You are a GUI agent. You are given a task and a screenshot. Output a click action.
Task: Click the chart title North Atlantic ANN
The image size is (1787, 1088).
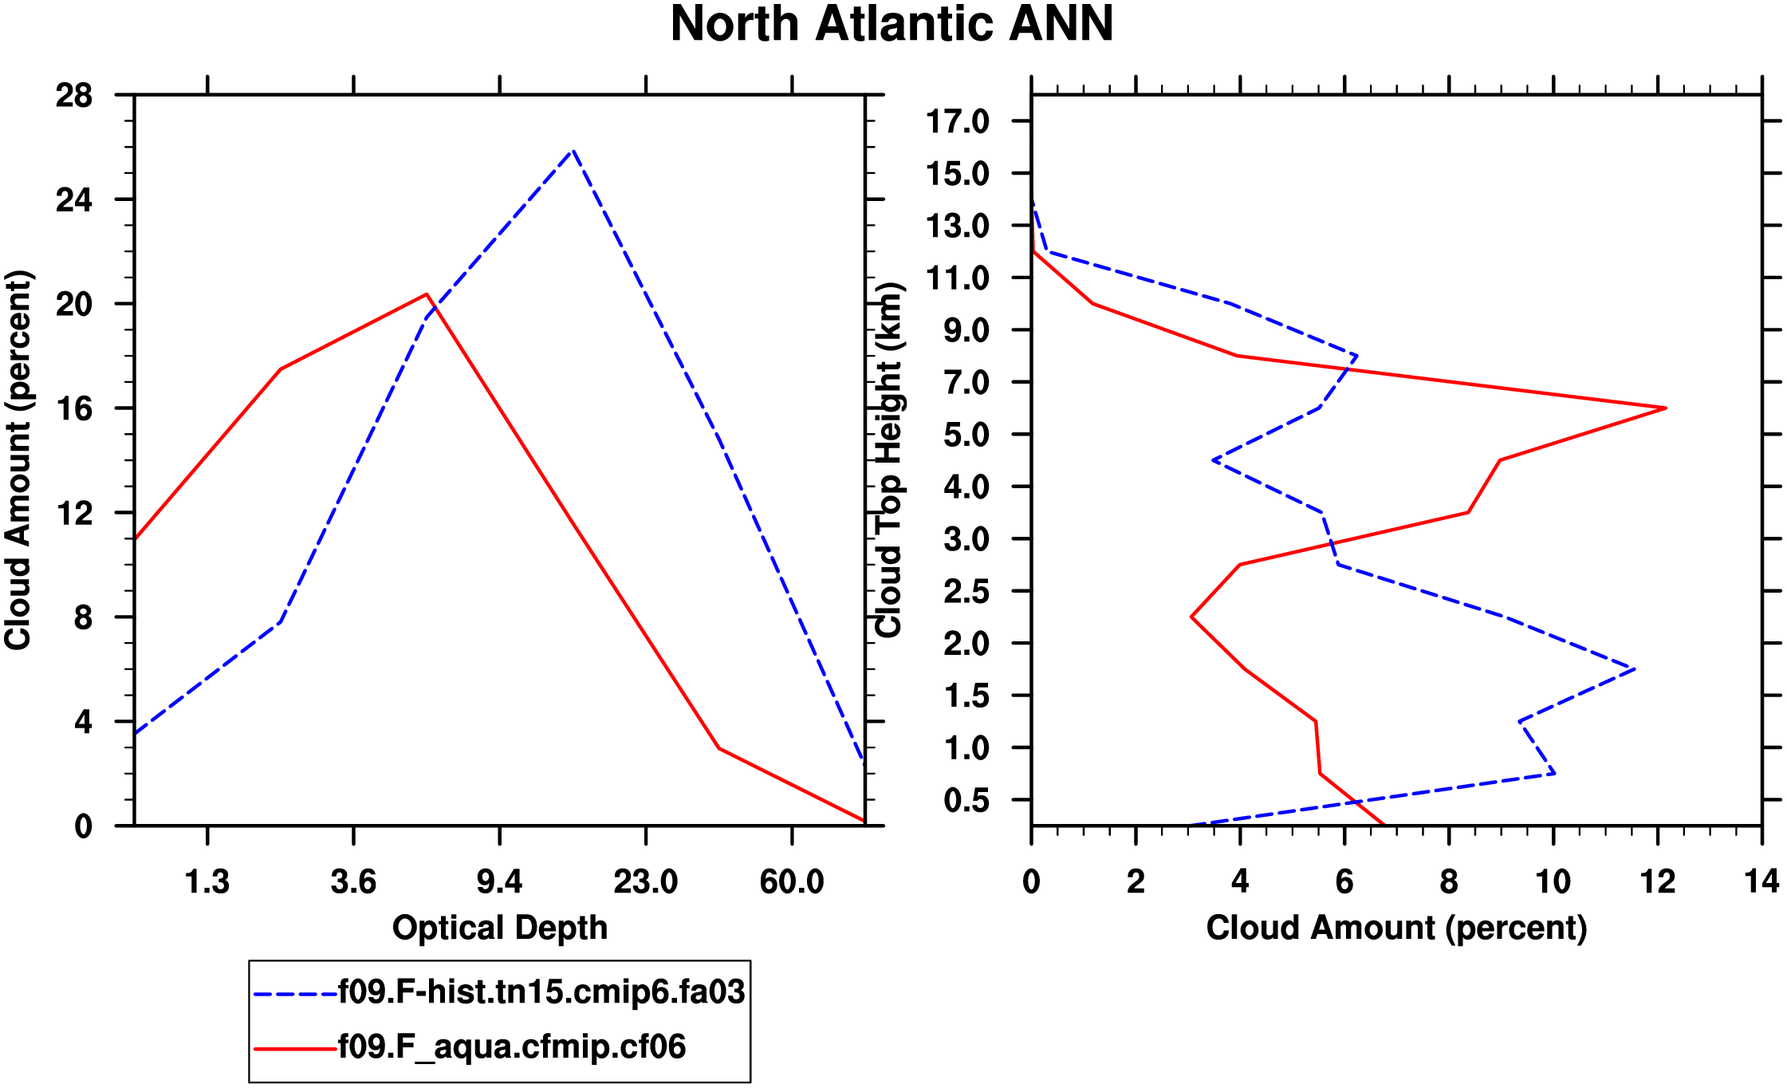[x=892, y=24]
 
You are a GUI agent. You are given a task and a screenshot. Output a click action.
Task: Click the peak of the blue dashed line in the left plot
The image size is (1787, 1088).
[x=573, y=151]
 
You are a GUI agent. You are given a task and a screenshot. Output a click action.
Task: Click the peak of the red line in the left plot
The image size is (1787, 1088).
[x=427, y=294]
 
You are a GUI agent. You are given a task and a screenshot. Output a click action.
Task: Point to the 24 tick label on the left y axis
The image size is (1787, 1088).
[x=73, y=200]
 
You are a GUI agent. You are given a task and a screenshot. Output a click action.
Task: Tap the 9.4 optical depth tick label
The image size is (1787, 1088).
[x=499, y=882]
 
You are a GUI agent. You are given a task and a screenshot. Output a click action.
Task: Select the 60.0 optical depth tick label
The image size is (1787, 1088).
[x=791, y=882]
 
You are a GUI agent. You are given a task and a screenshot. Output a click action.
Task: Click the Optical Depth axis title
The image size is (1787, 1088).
[x=500, y=928]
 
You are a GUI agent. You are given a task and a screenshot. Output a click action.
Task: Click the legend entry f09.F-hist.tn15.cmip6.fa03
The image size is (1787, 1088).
[x=541, y=992]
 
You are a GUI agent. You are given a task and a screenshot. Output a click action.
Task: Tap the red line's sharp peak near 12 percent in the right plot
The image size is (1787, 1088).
[x=1665, y=408]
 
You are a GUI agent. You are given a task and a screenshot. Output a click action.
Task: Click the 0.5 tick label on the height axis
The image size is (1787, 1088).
[x=966, y=801]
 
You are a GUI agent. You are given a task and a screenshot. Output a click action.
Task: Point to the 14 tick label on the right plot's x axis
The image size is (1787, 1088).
[x=1761, y=882]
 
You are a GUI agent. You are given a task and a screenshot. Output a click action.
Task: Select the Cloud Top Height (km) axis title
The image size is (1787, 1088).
[x=888, y=460]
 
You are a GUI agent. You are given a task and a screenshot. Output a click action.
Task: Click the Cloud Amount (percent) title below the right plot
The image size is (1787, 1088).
[x=1396, y=928]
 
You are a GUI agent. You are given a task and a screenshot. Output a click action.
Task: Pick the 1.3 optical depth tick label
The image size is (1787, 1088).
[x=207, y=882]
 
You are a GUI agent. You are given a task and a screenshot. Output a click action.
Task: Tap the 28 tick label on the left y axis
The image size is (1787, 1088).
[x=73, y=97]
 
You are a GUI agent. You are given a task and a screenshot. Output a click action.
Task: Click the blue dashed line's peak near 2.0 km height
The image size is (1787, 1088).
[x=1634, y=668]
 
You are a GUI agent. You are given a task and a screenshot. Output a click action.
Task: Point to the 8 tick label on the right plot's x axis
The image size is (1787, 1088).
[x=1449, y=882]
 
